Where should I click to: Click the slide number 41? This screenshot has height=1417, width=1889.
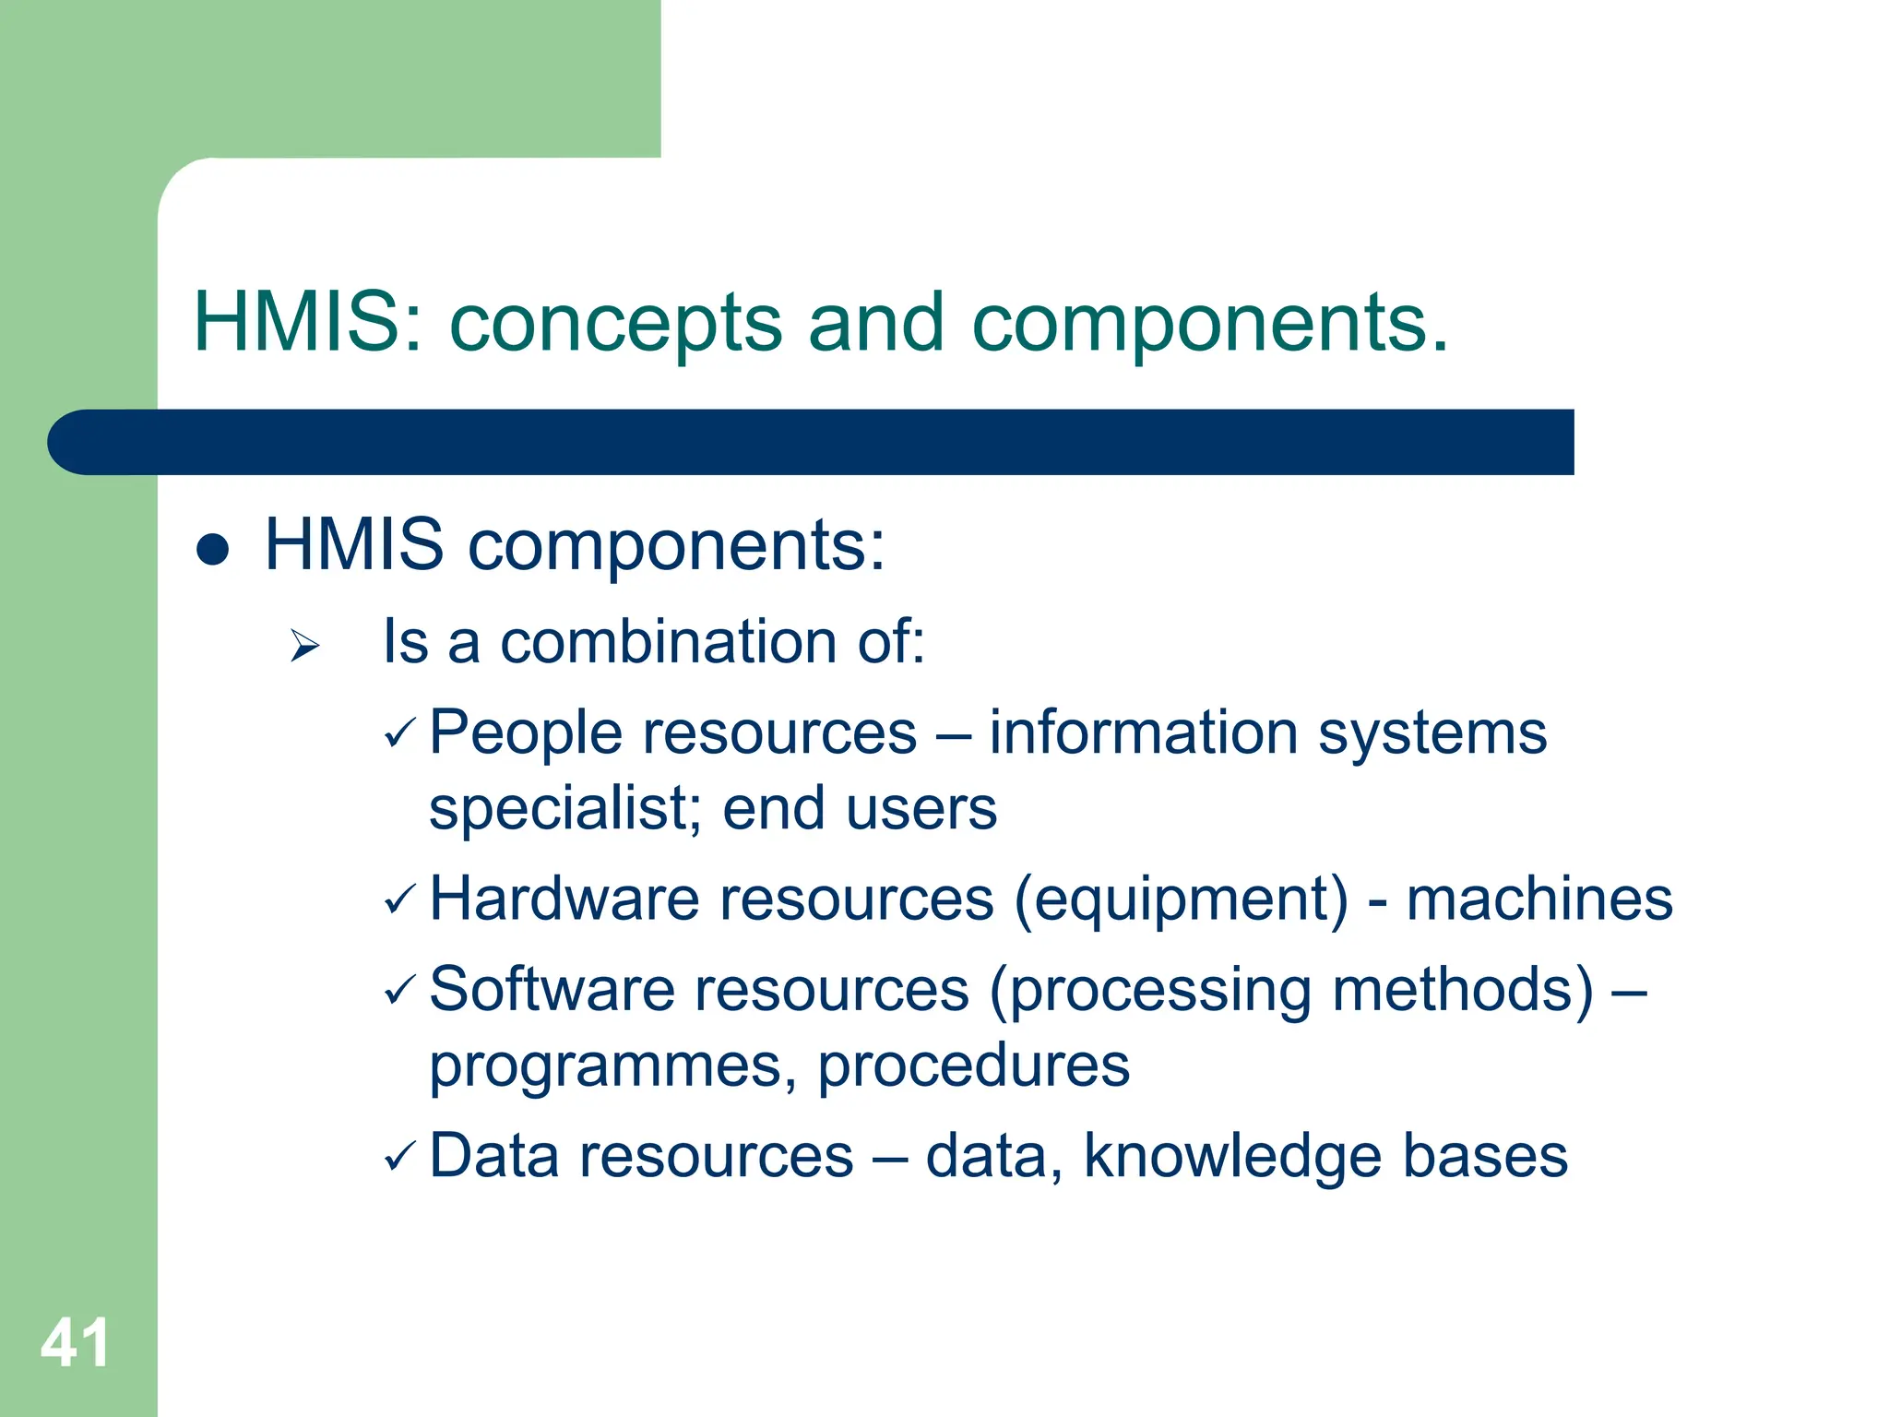pos(75,1342)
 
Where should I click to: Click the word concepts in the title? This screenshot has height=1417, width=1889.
pos(615,323)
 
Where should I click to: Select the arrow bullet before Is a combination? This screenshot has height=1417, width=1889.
pos(303,645)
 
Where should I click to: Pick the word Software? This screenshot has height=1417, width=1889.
pos(552,990)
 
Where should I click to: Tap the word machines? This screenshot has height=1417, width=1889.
pos(1539,899)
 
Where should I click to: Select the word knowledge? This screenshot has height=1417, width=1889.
pos(1232,1157)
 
